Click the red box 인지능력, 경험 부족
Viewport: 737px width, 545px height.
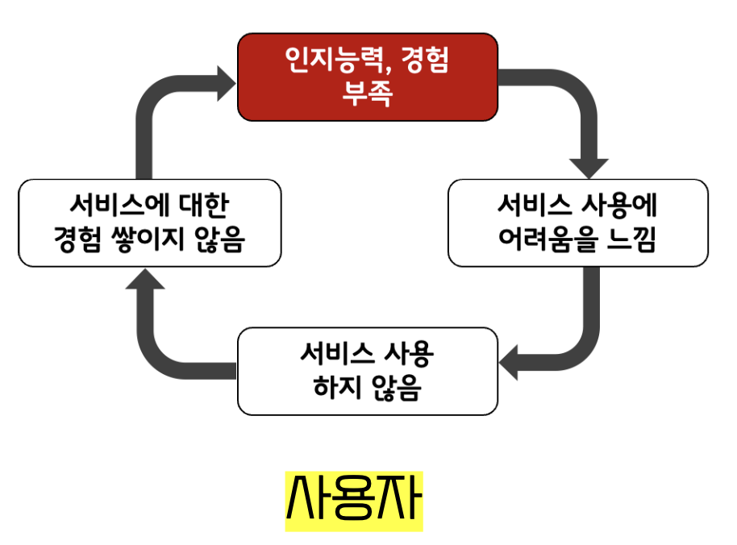367,77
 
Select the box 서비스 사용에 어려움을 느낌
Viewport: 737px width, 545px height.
577,223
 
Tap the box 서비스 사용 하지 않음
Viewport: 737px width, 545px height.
367,371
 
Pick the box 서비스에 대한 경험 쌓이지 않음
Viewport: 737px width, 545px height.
149,223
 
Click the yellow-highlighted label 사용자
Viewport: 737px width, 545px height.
354,500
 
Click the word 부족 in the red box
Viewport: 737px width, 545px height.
367,94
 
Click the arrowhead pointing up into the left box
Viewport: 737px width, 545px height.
146,277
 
